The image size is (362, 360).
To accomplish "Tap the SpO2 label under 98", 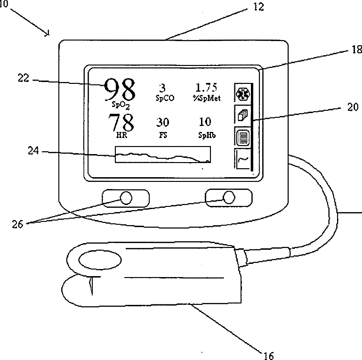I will click(x=121, y=105).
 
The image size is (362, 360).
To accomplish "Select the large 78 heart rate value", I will click(x=121, y=123).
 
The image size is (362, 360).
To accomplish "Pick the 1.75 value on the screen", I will click(x=206, y=88).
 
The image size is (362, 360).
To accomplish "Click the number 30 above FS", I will click(x=163, y=123).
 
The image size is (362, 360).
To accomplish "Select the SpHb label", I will click(x=206, y=135).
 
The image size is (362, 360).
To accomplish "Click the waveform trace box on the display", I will click(x=163, y=155).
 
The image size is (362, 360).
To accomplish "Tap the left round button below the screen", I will click(x=126, y=198).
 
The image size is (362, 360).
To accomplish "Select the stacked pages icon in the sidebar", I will click(x=242, y=115).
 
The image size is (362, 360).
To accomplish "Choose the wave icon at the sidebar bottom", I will click(x=242, y=159).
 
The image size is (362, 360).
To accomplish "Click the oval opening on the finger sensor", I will click(x=99, y=260).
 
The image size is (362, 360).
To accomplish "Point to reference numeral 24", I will click(x=33, y=152).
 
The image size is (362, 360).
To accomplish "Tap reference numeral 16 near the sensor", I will click(x=268, y=354).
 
